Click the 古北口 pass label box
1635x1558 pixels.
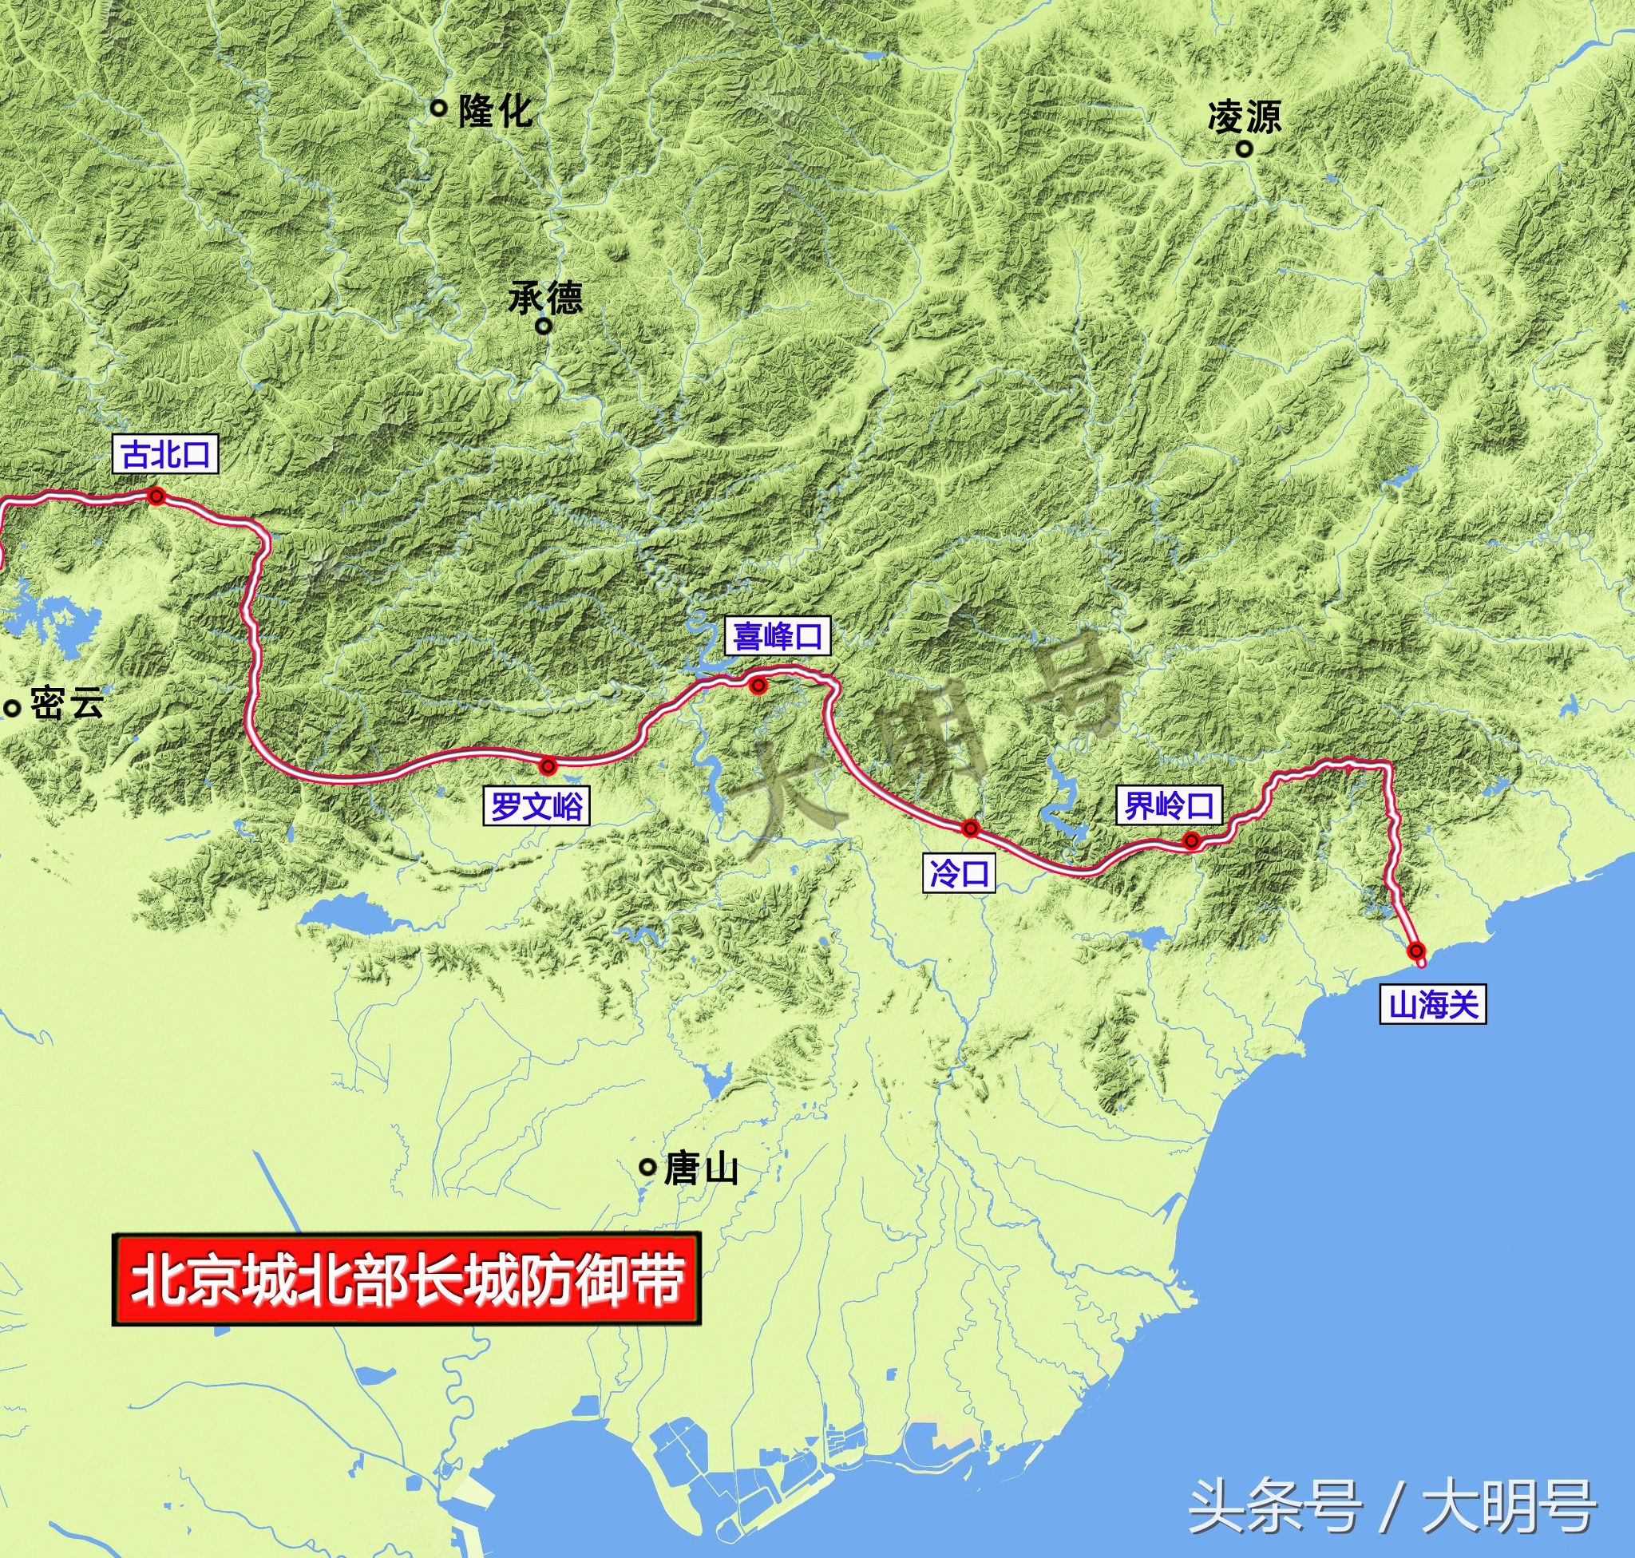(x=165, y=455)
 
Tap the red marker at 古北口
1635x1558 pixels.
(x=156, y=496)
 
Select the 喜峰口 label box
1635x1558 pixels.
(x=777, y=636)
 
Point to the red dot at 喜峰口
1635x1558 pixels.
(x=757, y=685)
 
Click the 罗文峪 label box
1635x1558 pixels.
(x=536, y=805)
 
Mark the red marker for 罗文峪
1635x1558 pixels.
(x=548, y=765)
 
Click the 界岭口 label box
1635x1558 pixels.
(x=1170, y=805)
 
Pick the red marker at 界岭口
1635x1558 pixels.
(x=1191, y=841)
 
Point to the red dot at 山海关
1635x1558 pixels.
(x=1416, y=950)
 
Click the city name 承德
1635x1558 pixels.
(x=546, y=296)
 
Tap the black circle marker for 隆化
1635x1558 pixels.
(x=438, y=106)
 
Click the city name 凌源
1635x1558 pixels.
(x=1245, y=117)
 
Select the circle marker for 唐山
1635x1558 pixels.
(x=647, y=1167)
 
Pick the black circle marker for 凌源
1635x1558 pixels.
(x=1245, y=149)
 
